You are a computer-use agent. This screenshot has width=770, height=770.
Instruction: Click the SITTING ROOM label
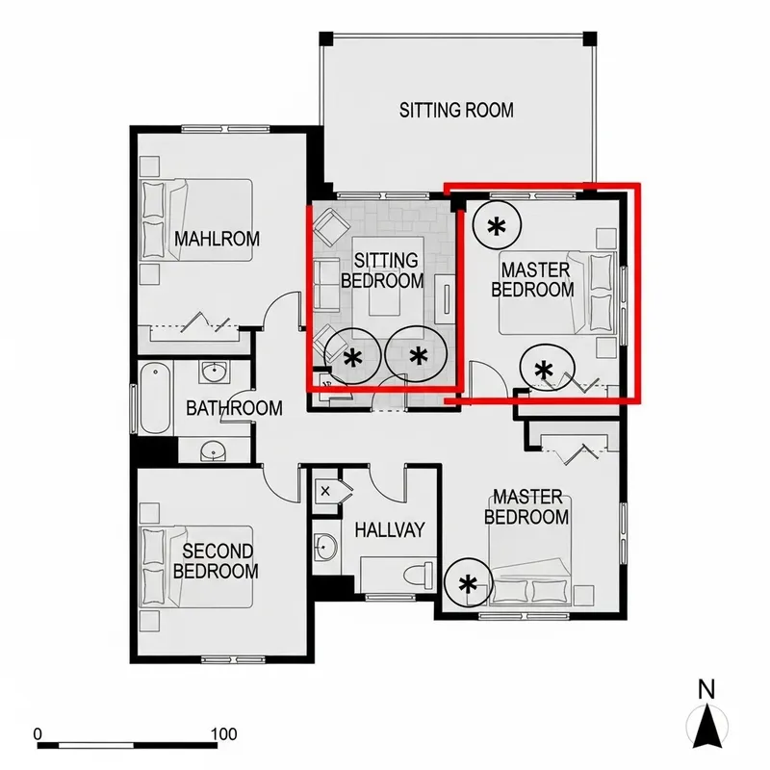coord(456,110)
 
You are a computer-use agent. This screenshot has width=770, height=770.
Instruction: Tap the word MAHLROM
coord(217,239)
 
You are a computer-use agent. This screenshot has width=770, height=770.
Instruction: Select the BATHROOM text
coord(234,408)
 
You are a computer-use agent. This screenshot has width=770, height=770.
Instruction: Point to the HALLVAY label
coord(389,529)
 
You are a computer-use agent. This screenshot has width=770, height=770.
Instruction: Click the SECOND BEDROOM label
coord(218,561)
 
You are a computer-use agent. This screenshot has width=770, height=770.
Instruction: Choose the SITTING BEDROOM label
coord(386,270)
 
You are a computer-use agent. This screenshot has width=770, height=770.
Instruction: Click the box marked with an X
coord(325,491)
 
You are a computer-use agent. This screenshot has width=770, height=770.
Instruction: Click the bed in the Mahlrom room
coord(196,218)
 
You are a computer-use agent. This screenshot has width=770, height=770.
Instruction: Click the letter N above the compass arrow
coord(707,688)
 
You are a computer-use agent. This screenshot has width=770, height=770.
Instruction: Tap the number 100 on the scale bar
coord(222,733)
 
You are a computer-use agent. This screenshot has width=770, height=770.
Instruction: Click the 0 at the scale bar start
coord(38,733)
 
